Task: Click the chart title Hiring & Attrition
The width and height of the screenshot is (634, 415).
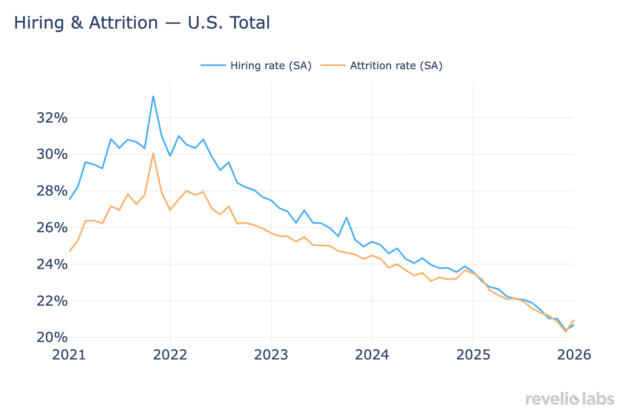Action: (86, 23)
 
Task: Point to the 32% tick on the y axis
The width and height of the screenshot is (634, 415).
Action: (52, 118)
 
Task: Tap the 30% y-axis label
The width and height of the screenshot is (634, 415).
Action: (52, 154)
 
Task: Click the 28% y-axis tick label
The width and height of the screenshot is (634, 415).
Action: (52, 191)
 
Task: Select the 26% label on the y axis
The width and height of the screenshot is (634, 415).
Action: (52, 228)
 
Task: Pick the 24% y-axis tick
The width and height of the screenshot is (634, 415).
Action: (52, 264)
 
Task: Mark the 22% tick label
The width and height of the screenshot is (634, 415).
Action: (52, 301)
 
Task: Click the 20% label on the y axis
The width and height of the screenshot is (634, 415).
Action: (52, 337)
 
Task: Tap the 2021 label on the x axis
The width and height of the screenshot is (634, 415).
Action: (69, 354)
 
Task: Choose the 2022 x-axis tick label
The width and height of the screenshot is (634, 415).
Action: (170, 354)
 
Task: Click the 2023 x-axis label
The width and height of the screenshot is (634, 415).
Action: (271, 354)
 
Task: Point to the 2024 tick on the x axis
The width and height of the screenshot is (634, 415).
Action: (372, 354)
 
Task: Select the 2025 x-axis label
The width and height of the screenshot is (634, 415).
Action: (473, 354)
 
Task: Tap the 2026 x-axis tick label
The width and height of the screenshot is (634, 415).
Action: (574, 354)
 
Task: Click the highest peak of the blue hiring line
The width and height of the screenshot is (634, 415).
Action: (153, 96)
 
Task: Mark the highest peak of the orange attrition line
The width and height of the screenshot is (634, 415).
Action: (153, 153)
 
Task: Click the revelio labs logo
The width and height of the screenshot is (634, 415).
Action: (570, 399)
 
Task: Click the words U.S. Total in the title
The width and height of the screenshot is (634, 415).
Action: (229, 23)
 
